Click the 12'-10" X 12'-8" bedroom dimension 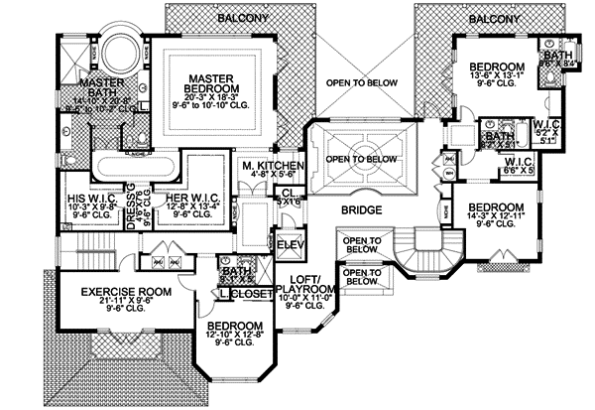point(235,340)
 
